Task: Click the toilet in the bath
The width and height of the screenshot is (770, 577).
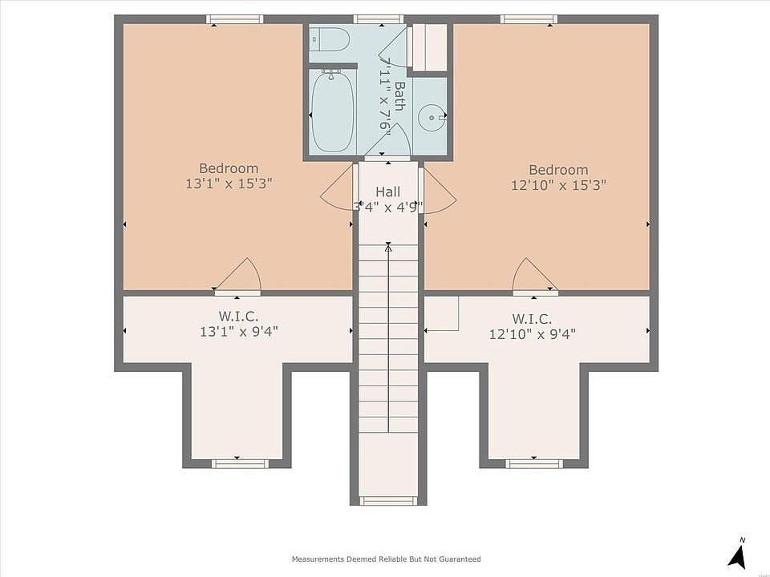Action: point(330,38)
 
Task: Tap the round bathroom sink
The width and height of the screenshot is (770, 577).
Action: point(432,117)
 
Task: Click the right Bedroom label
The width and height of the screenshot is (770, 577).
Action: point(558,170)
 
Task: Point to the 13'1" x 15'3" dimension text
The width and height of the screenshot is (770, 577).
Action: point(229,184)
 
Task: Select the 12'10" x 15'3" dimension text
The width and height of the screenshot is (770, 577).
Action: point(558,185)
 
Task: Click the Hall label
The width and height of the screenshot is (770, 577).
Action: point(388,192)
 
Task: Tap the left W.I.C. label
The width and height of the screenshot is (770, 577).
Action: point(238,316)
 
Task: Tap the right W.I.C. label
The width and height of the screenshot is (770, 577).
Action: point(532,319)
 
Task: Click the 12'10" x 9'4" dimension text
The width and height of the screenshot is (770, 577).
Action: point(533,334)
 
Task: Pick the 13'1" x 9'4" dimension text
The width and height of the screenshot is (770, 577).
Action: point(239,332)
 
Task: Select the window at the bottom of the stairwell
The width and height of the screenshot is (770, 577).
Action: point(388,500)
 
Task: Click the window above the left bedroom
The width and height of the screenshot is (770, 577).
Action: point(234,19)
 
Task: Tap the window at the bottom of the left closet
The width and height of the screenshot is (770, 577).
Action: point(240,464)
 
